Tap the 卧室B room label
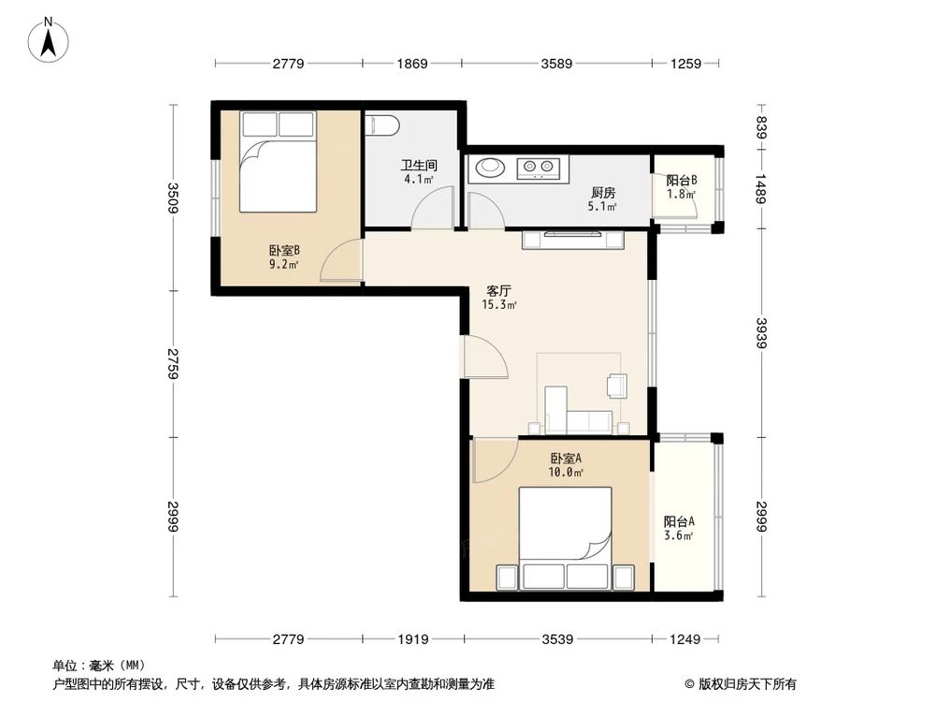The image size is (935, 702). point(283,250)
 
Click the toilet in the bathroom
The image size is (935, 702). point(383,125)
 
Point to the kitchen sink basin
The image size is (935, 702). point(490,168)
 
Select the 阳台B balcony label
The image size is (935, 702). point(681,181)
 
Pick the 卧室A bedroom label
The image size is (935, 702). point(567,459)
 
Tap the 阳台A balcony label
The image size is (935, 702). point(678,522)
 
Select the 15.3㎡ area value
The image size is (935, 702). point(500,304)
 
